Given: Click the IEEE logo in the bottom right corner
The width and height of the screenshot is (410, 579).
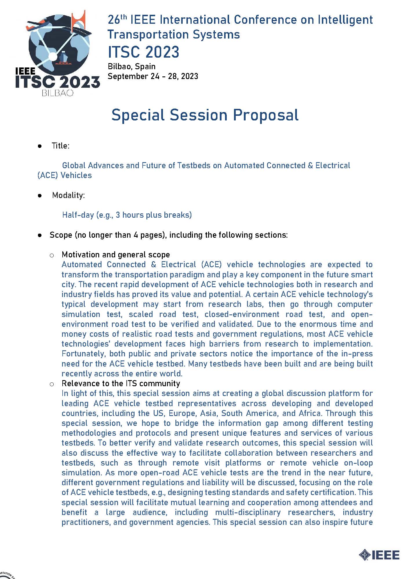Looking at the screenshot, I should pos(379,555).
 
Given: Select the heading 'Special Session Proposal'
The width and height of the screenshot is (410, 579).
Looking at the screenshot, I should pos(205,115).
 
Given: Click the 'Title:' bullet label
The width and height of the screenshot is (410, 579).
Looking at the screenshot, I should pos(60,146).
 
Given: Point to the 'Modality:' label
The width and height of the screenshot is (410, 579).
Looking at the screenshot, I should pos(68,195).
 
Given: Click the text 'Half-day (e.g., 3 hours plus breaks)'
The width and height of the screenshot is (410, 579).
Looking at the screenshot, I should pos(127,215).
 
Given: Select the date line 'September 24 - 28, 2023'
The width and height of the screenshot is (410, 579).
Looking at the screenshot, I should pos(153,76).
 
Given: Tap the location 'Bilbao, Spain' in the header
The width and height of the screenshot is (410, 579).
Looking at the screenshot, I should pos(132,66).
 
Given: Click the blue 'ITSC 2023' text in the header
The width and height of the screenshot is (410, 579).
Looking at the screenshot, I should pos(144,52).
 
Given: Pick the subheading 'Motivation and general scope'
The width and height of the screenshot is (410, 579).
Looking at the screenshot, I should pos(116,254).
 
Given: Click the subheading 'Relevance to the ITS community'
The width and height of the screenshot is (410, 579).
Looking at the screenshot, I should pos(121,383).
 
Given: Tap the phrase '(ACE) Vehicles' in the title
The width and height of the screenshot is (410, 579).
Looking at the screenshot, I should pos(65,175).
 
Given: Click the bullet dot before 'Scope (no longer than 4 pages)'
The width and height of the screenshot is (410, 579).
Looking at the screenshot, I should pos(40,235).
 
